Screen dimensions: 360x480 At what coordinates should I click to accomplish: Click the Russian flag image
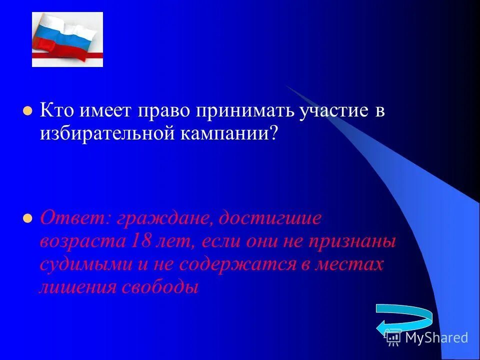point(67,39)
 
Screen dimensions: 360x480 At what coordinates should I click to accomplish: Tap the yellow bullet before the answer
point(28,218)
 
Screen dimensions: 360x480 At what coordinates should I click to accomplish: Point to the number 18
point(142,241)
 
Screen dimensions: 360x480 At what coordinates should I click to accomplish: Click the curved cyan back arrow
point(404,320)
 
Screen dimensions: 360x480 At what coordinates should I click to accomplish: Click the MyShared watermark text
point(436,337)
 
